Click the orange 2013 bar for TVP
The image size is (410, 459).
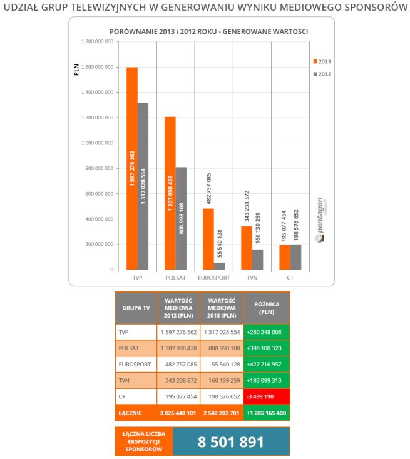coord(131,168)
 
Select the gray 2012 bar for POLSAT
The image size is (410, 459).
coord(181,218)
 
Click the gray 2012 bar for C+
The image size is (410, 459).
coord(296,257)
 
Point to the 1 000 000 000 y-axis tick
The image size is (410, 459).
coord(96,143)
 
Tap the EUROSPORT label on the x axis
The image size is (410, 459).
coord(213,277)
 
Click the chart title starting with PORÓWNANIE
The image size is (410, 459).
coord(208,31)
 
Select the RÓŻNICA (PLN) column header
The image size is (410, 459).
coord(267,308)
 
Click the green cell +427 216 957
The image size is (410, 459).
coord(267,363)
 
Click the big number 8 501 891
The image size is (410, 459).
coord(231,442)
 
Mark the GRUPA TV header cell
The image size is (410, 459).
coord(135,308)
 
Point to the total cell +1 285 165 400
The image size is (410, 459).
coord(267,413)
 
